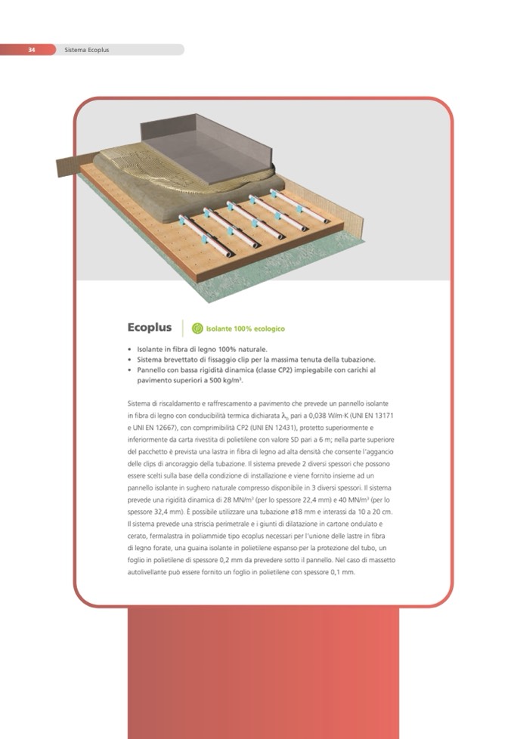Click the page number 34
point(32,49)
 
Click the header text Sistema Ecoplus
point(87,49)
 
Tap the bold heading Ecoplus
point(150,327)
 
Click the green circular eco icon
point(197,329)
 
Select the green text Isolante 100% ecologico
point(245,329)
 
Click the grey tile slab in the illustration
point(207,151)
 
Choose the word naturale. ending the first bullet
point(252,349)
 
